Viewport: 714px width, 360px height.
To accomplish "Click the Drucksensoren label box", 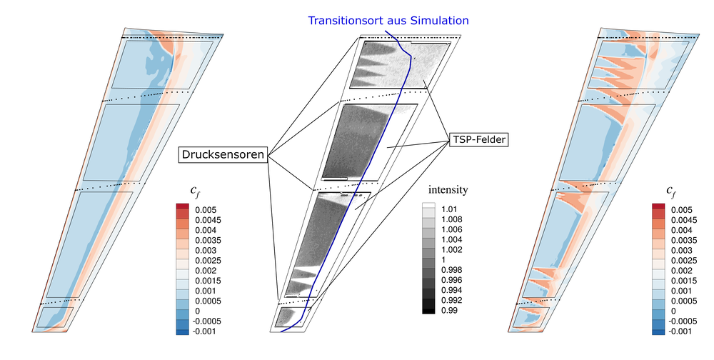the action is (x=222, y=154).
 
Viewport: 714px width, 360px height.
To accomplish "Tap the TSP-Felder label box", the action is (x=478, y=139).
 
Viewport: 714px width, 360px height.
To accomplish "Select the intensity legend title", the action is (x=448, y=189).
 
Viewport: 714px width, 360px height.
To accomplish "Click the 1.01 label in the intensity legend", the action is (x=449, y=209).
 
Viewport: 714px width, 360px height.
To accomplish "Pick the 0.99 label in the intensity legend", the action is (x=449, y=310).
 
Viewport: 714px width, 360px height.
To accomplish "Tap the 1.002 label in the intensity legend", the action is (x=452, y=250).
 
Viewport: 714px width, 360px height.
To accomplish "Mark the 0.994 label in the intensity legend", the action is (x=452, y=290).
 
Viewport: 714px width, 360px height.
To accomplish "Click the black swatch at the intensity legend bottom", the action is (x=428, y=311).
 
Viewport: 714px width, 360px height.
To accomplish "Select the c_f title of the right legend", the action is (x=671, y=191).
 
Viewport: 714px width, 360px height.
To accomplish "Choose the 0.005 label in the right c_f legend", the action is (x=681, y=210).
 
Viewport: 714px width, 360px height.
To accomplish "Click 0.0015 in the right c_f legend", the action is (x=683, y=281).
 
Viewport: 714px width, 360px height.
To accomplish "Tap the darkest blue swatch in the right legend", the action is (x=658, y=332).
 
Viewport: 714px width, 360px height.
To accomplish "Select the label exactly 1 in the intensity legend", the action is (x=443, y=260).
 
